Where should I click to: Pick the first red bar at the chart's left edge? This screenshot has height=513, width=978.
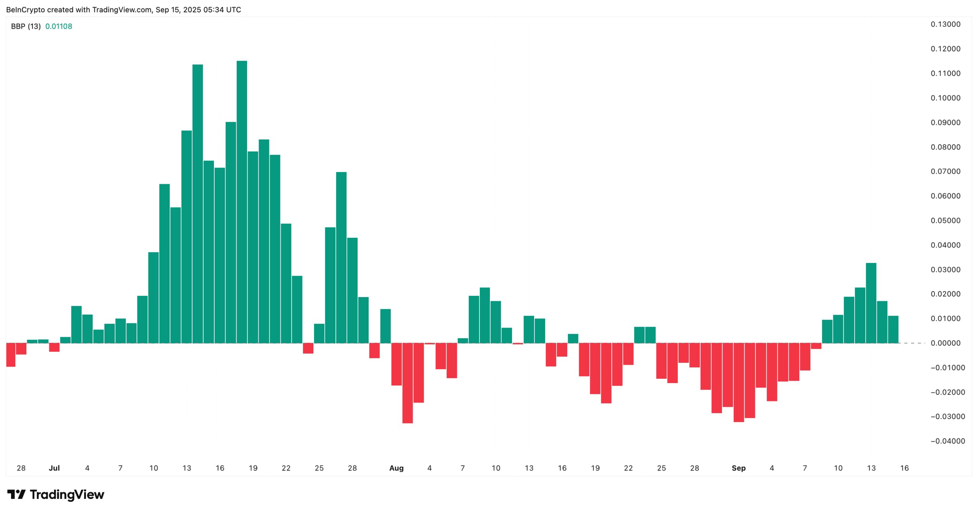point(11,355)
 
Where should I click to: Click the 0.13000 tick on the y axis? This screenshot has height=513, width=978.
point(945,24)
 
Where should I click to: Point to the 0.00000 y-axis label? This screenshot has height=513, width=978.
point(945,343)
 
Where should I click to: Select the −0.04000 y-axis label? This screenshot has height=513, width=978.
point(947,441)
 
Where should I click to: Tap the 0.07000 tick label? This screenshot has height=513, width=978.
point(945,172)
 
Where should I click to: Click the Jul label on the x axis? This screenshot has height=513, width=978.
point(54,468)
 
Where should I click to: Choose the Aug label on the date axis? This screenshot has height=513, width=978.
point(396,468)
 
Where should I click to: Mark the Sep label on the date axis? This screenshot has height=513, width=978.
point(738,468)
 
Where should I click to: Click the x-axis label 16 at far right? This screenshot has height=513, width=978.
point(904,468)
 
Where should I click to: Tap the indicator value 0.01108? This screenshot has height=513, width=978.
point(58,26)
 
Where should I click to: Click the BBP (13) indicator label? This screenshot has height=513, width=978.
point(26,26)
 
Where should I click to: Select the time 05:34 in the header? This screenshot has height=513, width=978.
point(214,10)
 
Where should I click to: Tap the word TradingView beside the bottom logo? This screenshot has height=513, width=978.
point(67,495)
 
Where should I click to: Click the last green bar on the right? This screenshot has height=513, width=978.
point(893,330)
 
